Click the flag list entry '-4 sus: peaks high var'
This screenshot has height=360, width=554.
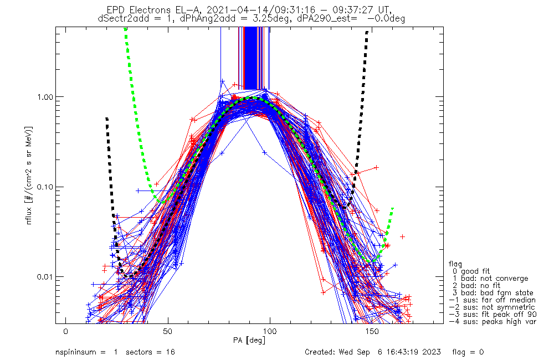[x=492, y=322]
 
